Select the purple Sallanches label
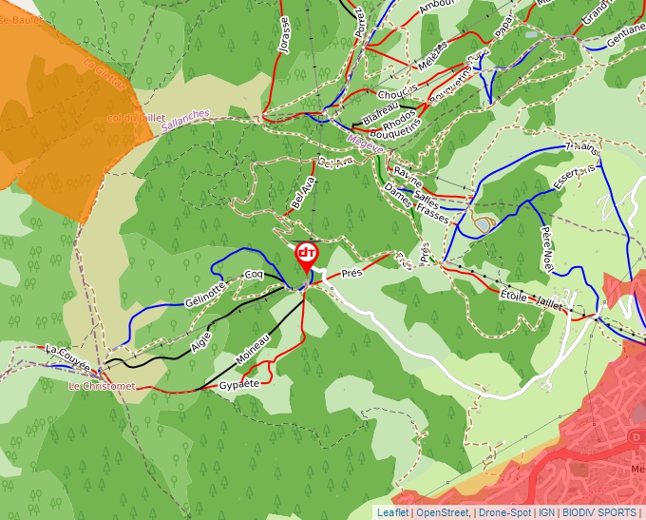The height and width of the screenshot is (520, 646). tap(185, 120)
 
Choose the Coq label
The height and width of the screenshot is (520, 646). tap(254, 275)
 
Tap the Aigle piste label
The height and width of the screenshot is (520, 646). tap(200, 342)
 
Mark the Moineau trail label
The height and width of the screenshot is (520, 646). tap(253, 350)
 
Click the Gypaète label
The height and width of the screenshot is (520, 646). tap(238, 385)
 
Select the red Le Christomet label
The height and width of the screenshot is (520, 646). tap(102, 387)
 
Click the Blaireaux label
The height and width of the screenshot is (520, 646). tap(382, 115)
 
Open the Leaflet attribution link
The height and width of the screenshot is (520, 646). tap(392, 512)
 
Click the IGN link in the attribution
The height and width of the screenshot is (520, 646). tap(546, 512)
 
